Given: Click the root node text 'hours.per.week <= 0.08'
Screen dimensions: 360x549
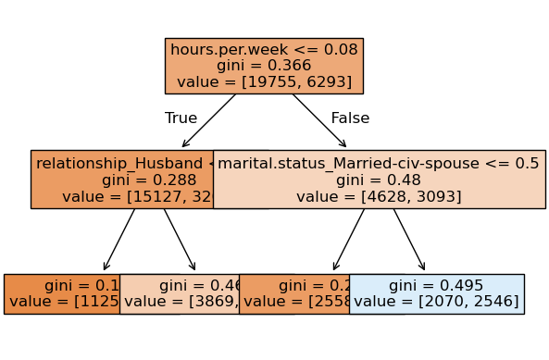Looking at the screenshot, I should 264,49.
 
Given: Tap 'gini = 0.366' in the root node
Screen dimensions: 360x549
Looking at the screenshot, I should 264,66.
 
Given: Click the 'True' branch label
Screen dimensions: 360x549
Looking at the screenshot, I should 181,118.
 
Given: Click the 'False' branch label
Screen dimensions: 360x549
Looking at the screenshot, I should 350,118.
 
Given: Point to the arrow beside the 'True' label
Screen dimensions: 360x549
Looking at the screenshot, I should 209,120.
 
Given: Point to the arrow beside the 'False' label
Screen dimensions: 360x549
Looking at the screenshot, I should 318,120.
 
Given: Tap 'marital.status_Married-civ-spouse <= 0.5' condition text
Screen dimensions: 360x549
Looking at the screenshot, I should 378,163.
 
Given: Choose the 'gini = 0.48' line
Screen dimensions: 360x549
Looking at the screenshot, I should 378,180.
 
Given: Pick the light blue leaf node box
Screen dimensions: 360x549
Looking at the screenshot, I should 436,293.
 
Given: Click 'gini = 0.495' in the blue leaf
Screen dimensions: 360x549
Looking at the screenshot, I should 436,285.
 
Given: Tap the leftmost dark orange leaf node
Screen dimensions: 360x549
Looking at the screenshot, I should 61,293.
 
